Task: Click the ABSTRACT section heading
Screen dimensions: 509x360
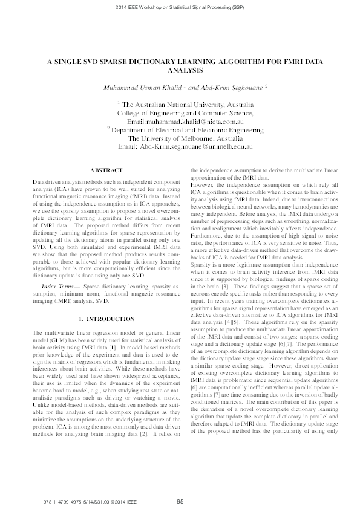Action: pos(105,171)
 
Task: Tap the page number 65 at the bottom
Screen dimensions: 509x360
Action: pos(180,501)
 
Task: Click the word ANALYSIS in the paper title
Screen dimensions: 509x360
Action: pos(180,70)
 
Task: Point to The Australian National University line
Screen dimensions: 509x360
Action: pos(188,104)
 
